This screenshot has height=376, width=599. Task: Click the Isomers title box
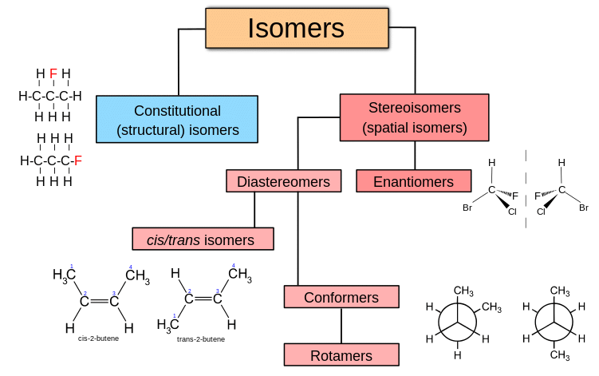tap(296, 28)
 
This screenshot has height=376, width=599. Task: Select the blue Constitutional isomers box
tap(177, 120)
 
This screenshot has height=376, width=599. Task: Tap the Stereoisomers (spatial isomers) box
tap(414, 117)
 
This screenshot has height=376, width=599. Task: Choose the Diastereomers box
tap(283, 182)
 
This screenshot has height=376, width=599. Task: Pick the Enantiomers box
tap(413, 182)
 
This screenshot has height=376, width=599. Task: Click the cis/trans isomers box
tap(203, 239)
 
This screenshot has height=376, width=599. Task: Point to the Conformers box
tap(341, 298)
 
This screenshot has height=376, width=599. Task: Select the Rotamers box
tap(341, 355)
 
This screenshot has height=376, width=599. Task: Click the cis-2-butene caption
tap(99, 338)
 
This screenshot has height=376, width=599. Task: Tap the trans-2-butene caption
tap(201, 339)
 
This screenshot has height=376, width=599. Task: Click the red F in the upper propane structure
tap(53, 74)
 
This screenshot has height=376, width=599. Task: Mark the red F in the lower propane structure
tap(77, 160)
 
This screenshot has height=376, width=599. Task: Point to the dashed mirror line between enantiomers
tap(526, 189)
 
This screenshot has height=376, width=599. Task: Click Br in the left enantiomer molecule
tap(467, 208)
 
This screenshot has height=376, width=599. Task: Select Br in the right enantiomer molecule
tap(583, 208)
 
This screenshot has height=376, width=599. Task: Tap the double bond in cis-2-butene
tap(99, 302)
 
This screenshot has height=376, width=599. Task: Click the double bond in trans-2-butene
tap(203, 299)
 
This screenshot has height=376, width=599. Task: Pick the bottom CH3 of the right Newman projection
tap(560, 354)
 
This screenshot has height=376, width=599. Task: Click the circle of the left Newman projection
tap(457, 322)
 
